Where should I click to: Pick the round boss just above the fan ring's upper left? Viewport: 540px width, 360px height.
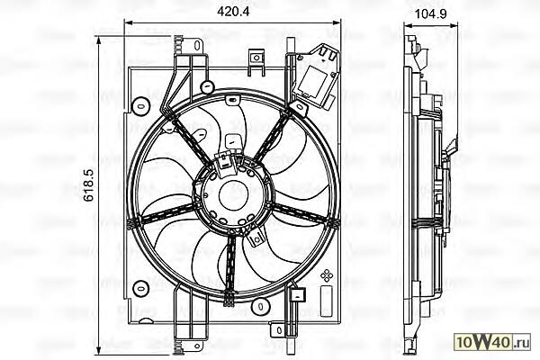(x=207, y=86)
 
